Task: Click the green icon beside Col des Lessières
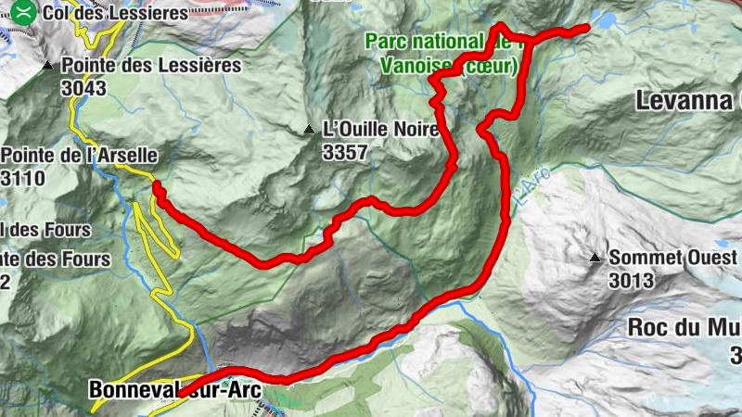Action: pos(27,12)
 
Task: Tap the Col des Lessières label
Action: pos(114,13)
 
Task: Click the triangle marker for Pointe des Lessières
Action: pos(48,66)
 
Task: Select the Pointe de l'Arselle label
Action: pos(79,156)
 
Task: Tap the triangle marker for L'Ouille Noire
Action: pos(309,131)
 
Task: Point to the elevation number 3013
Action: pos(632,280)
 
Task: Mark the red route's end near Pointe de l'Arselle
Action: pos(156,187)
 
